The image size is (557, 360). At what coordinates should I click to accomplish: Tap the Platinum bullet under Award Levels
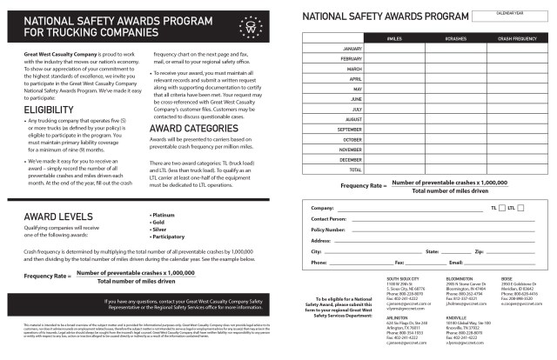click(164, 214)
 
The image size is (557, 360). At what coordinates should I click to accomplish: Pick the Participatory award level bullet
click(169, 235)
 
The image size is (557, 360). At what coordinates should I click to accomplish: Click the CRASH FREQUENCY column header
click(517, 38)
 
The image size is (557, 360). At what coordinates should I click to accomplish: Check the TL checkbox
click(501, 208)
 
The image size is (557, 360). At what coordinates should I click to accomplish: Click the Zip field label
click(479, 250)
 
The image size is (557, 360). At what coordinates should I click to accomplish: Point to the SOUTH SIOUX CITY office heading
click(405, 279)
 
